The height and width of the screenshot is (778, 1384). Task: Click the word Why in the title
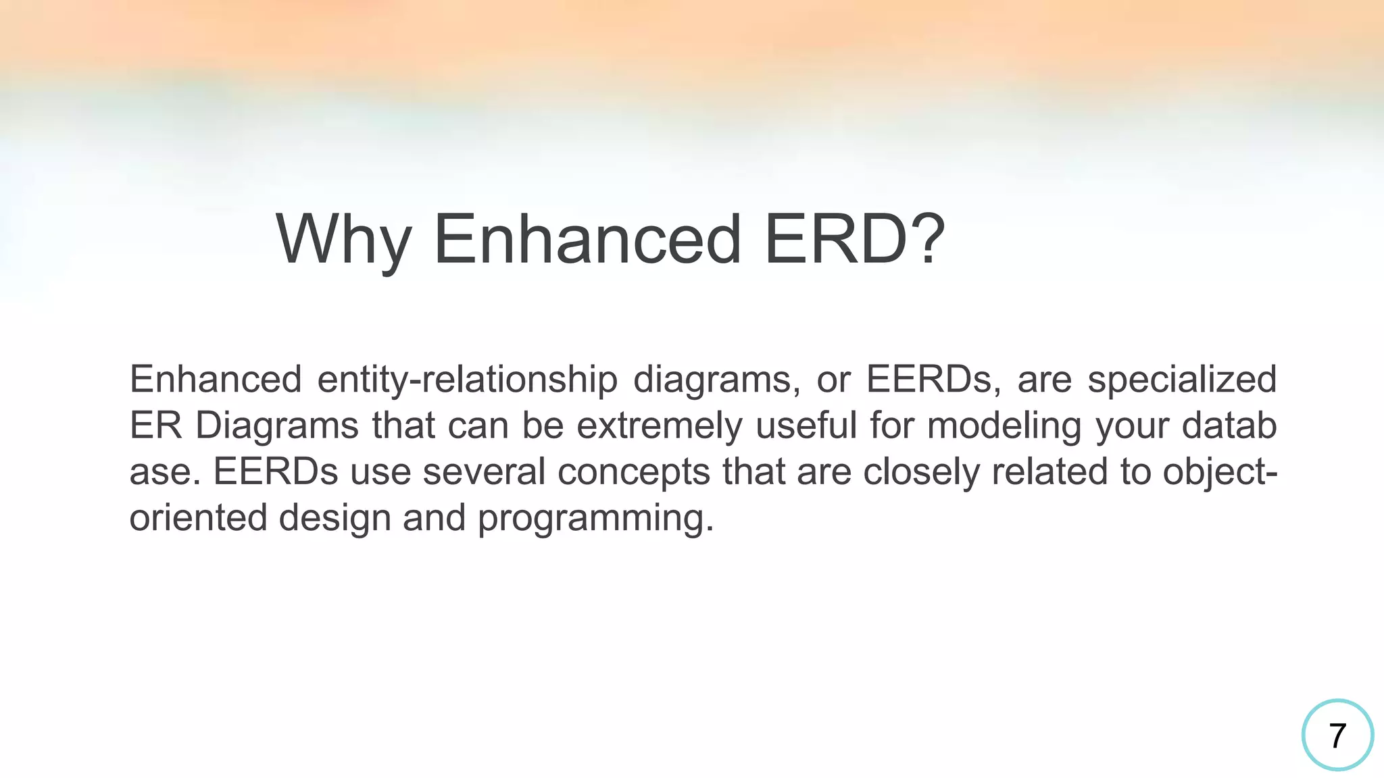(343, 240)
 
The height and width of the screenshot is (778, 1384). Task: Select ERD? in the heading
(854, 240)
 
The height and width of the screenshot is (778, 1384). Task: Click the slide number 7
(1337, 735)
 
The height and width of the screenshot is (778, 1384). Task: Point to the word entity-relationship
(467, 380)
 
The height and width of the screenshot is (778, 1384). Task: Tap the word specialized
(1182, 380)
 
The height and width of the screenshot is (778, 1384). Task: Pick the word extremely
(659, 426)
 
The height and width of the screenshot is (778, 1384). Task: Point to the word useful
(806, 426)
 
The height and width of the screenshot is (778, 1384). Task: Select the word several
(484, 472)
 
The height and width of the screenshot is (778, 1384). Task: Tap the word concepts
(634, 472)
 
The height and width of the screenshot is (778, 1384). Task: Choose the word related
(1049, 472)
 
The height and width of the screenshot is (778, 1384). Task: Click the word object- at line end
(1220, 472)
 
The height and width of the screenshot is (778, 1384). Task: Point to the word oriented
(198, 518)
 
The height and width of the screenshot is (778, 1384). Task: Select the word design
(335, 518)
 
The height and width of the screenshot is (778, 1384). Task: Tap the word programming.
(595, 518)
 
